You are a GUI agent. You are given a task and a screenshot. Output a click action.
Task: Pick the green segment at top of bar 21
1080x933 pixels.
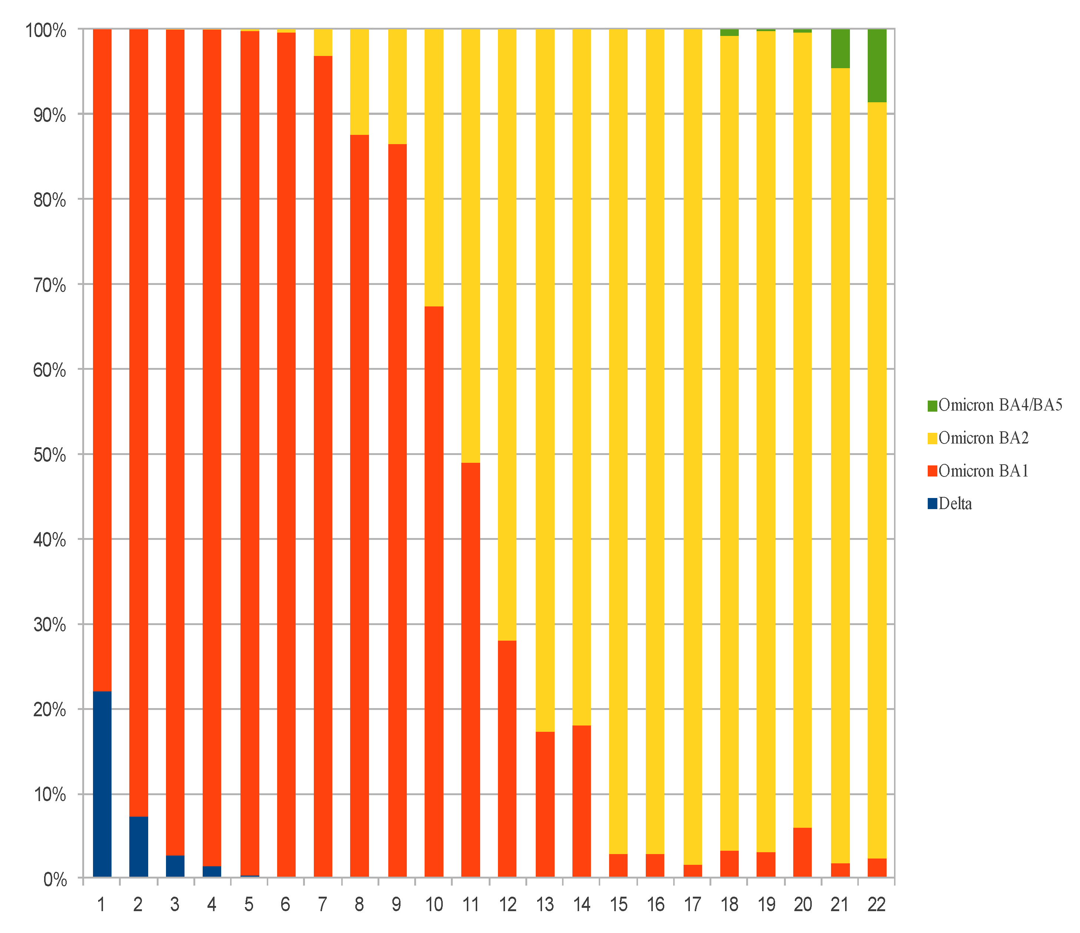[x=840, y=49]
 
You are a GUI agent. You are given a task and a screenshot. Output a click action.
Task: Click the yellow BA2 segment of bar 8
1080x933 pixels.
[x=359, y=82]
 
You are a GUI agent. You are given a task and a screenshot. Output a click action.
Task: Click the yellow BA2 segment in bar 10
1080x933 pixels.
[x=434, y=167]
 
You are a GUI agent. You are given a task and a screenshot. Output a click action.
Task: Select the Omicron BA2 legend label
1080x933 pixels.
[x=984, y=438]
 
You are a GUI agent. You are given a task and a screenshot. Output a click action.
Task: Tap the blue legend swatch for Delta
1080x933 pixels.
[x=933, y=504]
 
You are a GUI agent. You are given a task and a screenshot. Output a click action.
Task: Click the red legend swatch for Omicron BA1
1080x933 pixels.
[x=933, y=471]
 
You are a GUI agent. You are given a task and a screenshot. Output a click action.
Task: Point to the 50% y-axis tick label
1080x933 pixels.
[x=50, y=455]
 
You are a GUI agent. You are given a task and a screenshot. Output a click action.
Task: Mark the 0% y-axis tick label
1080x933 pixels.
[x=55, y=880]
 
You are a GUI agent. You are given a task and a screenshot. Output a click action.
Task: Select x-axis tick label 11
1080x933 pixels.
[x=471, y=905]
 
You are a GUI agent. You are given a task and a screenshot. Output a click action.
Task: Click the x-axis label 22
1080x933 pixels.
[x=877, y=905]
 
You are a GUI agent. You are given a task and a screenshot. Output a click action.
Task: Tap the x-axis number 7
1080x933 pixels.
[x=323, y=905]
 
